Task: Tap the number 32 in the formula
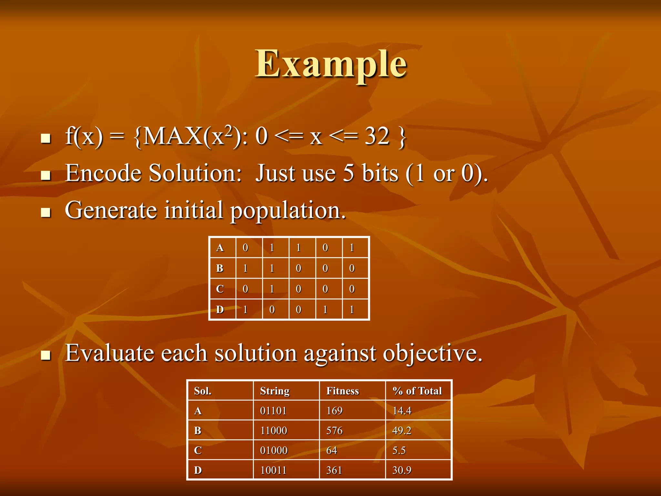377,136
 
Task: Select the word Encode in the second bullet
103,173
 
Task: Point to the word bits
380,173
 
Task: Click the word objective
432,354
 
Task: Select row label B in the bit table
220,268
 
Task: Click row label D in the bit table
220,310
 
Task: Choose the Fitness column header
342,391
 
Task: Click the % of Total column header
417,391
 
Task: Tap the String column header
275,391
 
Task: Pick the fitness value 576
334,430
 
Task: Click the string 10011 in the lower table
273,470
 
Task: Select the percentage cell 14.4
402,411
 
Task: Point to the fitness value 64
331,450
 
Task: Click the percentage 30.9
402,470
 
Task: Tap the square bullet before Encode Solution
46,175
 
